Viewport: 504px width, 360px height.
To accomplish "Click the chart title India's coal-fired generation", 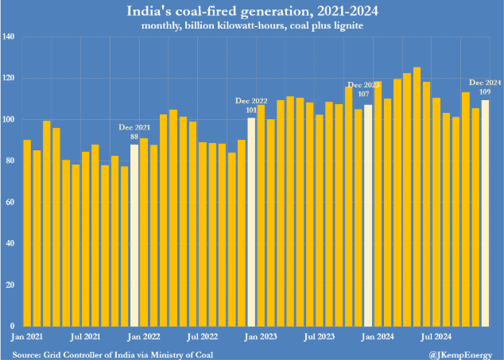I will coord(252,11).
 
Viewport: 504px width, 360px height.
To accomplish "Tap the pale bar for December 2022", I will coord(251,222).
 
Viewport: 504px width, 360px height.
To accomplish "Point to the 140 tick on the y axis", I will coord(10,37).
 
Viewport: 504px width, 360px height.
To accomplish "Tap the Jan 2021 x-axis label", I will coord(28,337).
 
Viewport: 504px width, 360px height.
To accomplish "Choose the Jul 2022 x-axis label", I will coord(203,337).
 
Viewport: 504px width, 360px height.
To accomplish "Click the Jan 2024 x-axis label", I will coord(378,337).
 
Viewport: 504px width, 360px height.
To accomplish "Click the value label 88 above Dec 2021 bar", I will coord(134,137).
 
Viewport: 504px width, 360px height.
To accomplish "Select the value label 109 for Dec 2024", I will coord(485,92).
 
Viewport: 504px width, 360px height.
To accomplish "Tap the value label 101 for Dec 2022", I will coord(251,110).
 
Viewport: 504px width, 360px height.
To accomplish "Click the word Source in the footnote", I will coord(27,353).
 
